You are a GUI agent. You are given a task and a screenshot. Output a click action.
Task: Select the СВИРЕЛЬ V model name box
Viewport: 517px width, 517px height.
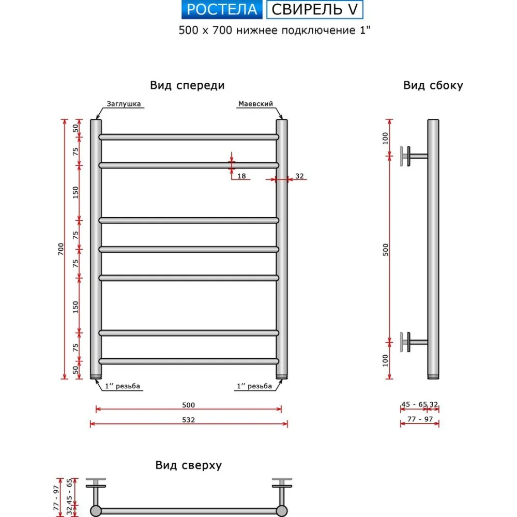tap(315, 9)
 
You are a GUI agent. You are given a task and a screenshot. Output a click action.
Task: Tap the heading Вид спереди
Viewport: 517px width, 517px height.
tap(187, 86)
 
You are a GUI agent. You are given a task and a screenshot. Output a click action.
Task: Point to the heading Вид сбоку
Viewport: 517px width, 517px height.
tap(433, 86)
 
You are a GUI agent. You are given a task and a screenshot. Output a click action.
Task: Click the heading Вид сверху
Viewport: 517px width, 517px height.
tap(189, 465)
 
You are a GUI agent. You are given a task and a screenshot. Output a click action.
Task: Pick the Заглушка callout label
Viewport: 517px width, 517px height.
tap(124, 104)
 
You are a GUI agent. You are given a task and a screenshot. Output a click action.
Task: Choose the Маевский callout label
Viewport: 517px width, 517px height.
tap(255, 104)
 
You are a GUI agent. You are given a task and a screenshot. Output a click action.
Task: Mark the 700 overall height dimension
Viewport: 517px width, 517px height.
tap(60, 249)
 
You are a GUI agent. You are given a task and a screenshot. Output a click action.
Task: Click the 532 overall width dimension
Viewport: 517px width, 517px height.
tap(189, 420)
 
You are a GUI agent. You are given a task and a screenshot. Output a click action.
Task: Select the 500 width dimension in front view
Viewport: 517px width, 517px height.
tap(189, 405)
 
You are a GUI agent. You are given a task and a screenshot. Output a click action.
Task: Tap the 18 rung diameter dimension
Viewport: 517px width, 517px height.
tap(241, 176)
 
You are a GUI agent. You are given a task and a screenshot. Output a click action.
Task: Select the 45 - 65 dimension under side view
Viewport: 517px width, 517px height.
tap(414, 404)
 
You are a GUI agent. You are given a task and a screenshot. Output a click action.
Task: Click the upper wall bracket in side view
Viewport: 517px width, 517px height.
tap(411, 156)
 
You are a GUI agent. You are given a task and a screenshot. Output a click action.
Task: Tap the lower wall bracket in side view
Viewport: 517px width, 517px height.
tap(411, 341)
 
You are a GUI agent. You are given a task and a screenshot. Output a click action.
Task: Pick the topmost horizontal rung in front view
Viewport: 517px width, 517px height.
tap(189, 137)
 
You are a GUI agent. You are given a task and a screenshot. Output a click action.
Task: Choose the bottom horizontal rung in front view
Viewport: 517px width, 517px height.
tap(189, 361)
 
